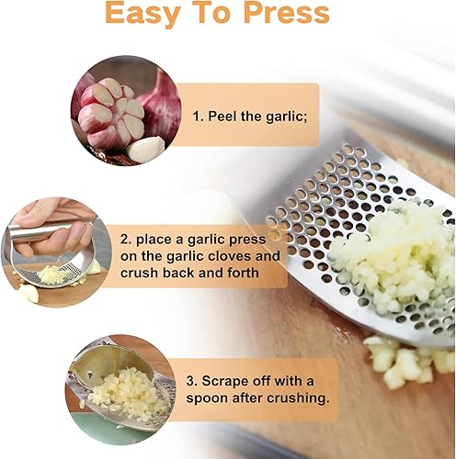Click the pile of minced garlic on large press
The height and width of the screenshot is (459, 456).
(391, 258)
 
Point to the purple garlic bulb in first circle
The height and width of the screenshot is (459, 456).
(158, 102)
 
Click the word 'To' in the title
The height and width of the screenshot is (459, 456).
(211, 14)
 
